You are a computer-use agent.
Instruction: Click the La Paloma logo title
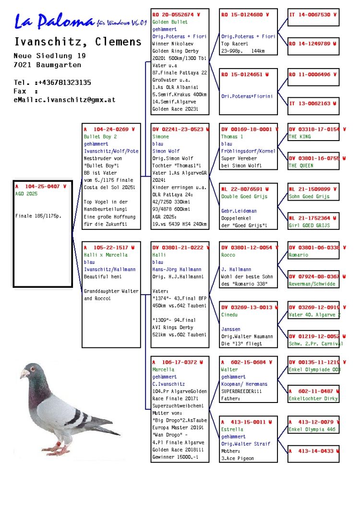(x=54, y=21)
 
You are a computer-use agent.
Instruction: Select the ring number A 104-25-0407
(x=40, y=187)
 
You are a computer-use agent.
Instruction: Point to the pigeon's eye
(x=34, y=369)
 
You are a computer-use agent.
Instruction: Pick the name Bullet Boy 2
(x=100, y=137)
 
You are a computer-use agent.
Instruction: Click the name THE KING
(x=300, y=137)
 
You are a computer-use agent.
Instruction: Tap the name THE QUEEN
(x=301, y=166)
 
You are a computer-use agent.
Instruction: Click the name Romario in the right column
(x=299, y=255)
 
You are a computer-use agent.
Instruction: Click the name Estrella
(x=232, y=429)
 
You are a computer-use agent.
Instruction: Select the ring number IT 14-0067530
(x=312, y=15)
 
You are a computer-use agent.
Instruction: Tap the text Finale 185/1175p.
(x=38, y=216)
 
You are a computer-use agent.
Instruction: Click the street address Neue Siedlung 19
(x=50, y=56)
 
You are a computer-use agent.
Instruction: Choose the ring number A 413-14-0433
(x=312, y=451)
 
